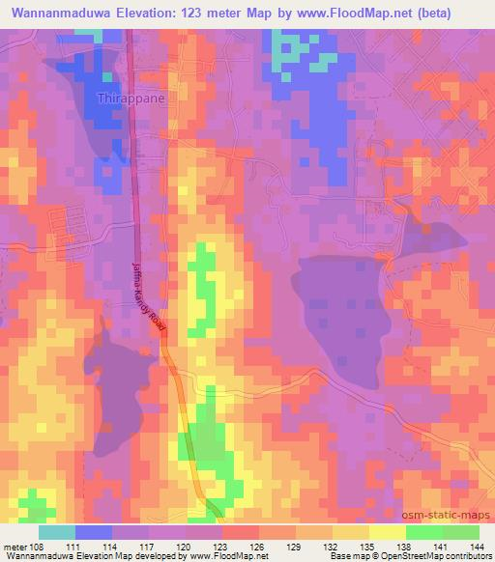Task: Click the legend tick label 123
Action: tap(221, 547)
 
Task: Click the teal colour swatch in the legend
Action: tap(57, 532)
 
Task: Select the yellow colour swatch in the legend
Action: tap(387, 532)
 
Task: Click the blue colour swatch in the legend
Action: tap(94, 532)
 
